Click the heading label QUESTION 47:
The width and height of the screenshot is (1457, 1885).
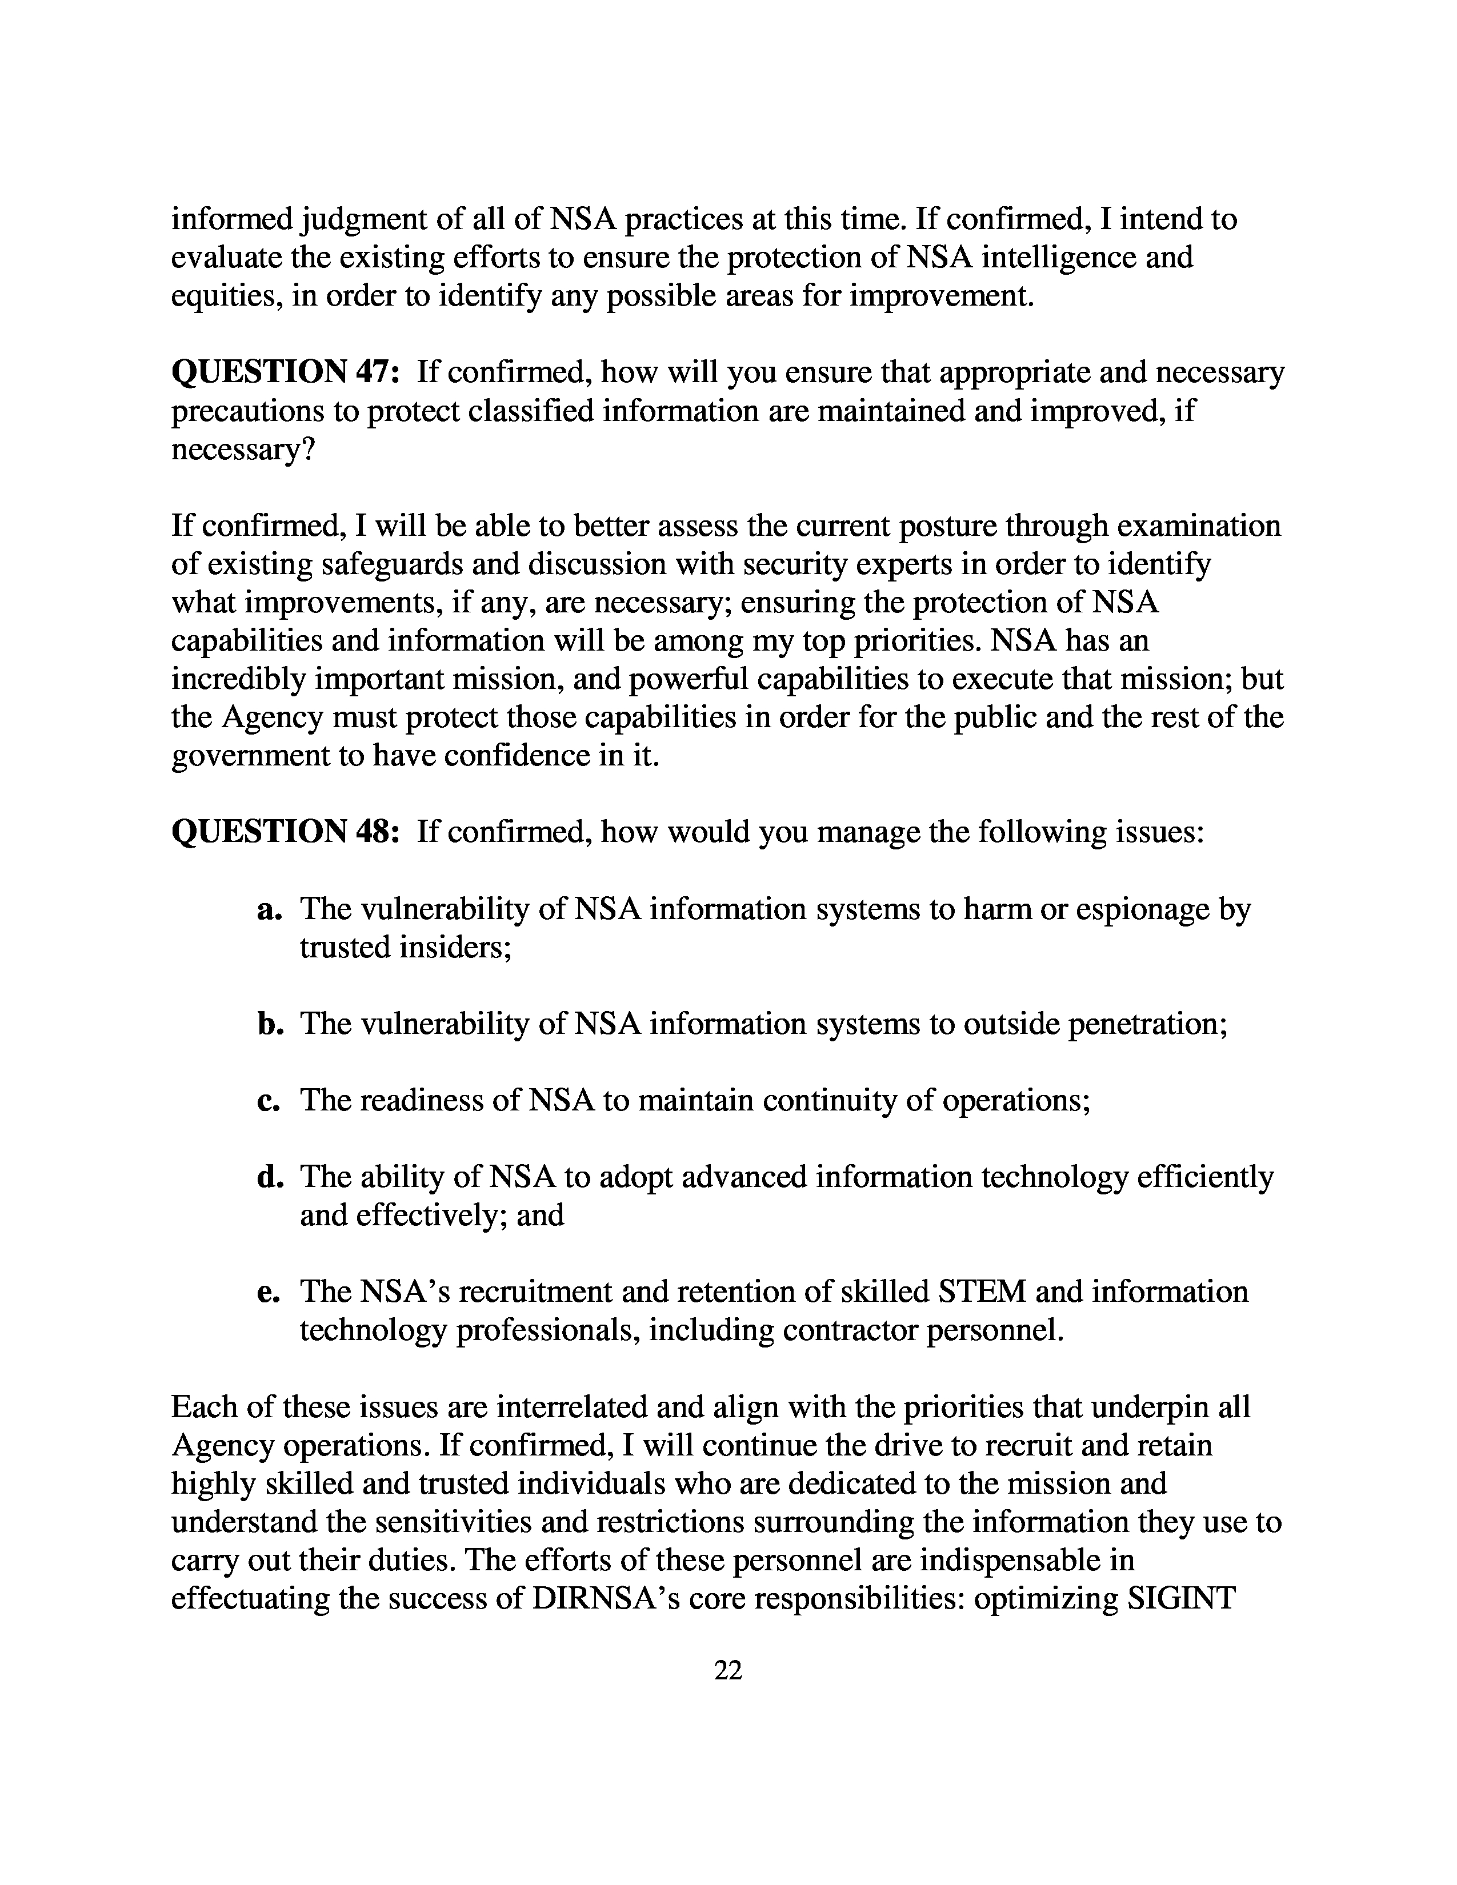pyautogui.click(x=286, y=373)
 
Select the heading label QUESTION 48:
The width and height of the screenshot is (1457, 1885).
pyautogui.click(x=286, y=832)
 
